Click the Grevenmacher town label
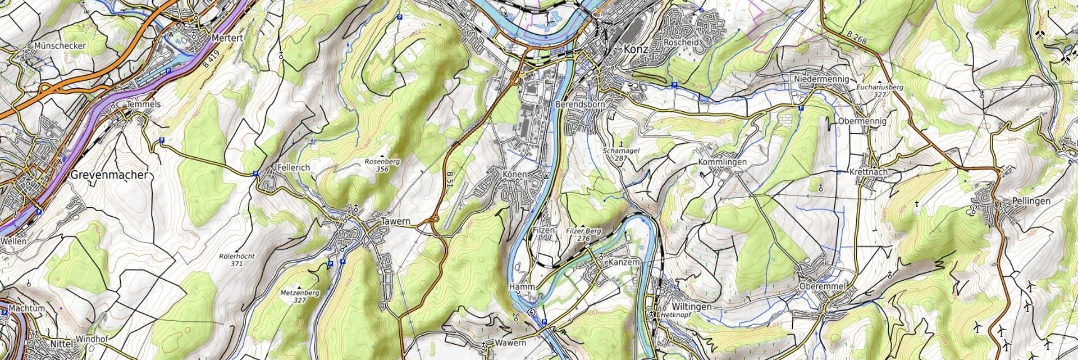click(x=109, y=175)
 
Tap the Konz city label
click(x=636, y=50)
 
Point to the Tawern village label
click(x=396, y=221)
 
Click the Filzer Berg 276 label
click(x=583, y=235)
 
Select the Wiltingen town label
click(x=691, y=307)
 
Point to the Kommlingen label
click(x=722, y=162)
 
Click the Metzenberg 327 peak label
click(x=299, y=297)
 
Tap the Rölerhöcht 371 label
click(x=236, y=259)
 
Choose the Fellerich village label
click(x=294, y=167)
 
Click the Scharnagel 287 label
click(x=621, y=154)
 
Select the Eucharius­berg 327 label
click(x=879, y=91)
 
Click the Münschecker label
click(x=60, y=45)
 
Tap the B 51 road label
click(x=450, y=181)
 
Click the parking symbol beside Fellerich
click(x=255, y=174)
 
